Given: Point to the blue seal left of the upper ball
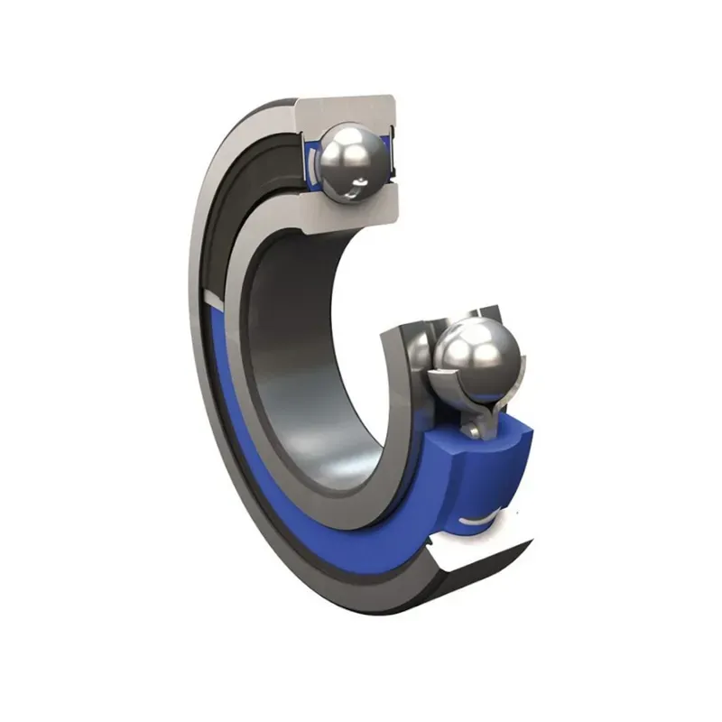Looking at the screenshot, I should pyautogui.click(x=310, y=162).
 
